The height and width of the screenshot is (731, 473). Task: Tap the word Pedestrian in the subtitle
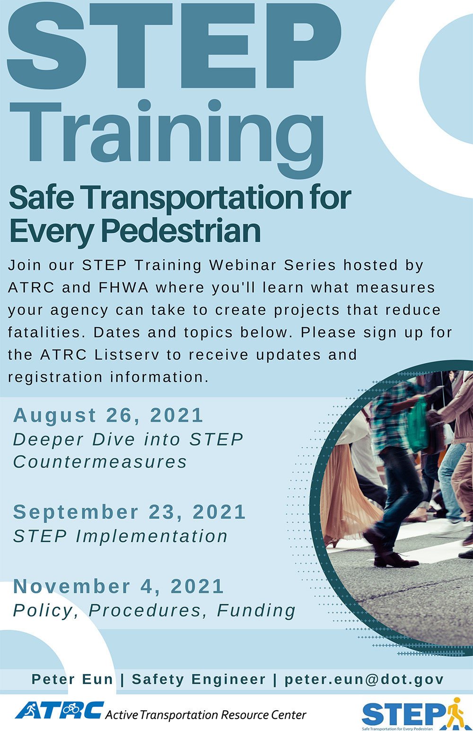(181, 230)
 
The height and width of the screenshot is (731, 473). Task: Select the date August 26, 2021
(108, 415)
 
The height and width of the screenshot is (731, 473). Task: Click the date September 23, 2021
(130, 512)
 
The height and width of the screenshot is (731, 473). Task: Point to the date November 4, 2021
(118, 587)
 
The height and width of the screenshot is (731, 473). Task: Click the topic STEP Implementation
(121, 537)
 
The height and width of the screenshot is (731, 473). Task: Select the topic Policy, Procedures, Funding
(154, 610)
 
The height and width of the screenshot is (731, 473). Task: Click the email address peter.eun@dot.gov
(364, 679)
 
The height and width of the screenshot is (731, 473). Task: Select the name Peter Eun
(72, 679)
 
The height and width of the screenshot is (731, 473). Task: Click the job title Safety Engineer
(199, 679)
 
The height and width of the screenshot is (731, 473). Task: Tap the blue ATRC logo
(59, 710)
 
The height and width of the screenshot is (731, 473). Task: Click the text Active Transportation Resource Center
(206, 715)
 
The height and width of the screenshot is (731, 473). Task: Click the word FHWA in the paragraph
(124, 288)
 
